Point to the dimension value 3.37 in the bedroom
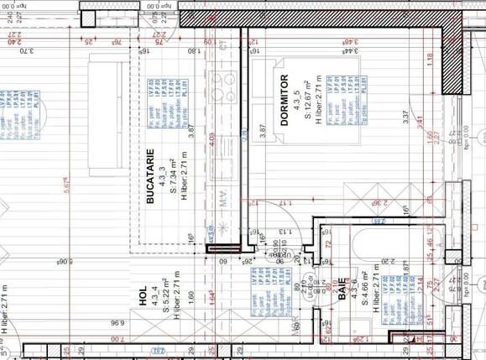(405, 119)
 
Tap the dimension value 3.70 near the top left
(29, 52)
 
